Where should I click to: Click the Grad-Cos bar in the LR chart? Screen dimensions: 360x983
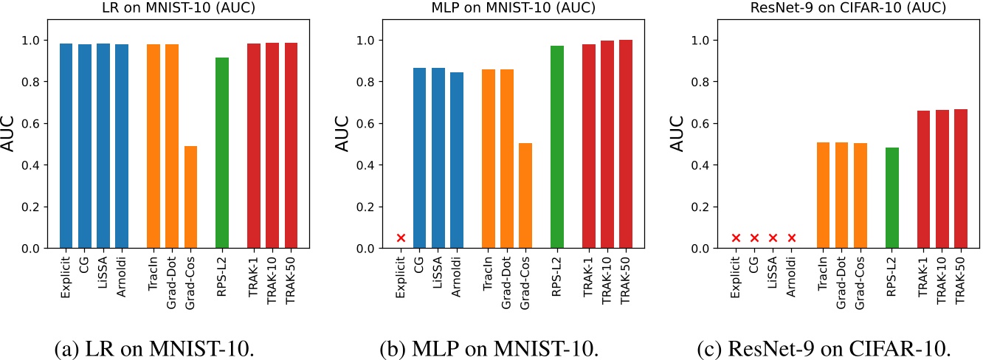pyautogui.click(x=190, y=197)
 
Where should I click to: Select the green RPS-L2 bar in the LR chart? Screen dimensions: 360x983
pyautogui.click(x=222, y=153)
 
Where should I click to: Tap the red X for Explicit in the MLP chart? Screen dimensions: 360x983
pyautogui.click(x=401, y=238)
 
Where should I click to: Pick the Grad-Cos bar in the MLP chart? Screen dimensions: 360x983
pyautogui.click(x=525, y=195)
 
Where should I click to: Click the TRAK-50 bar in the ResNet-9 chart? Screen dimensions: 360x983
pyautogui.click(x=959, y=179)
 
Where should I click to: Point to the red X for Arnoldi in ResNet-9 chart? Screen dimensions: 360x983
pyautogui.click(x=792, y=238)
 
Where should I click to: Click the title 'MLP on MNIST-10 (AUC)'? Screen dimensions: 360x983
pyautogui.click(x=490, y=9)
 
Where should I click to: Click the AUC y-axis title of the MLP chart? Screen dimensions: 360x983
pyautogui.click(x=342, y=134)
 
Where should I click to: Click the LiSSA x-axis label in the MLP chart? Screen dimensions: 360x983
pyautogui.click(x=438, y=274)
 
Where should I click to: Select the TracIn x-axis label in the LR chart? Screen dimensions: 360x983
pyautogui.click(x=154, y=274)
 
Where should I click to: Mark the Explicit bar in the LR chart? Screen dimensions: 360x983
pyautogui.click(x=66, y=146)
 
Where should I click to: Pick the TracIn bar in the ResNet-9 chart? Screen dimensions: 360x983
pyautogui.click(x=823, y=195)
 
